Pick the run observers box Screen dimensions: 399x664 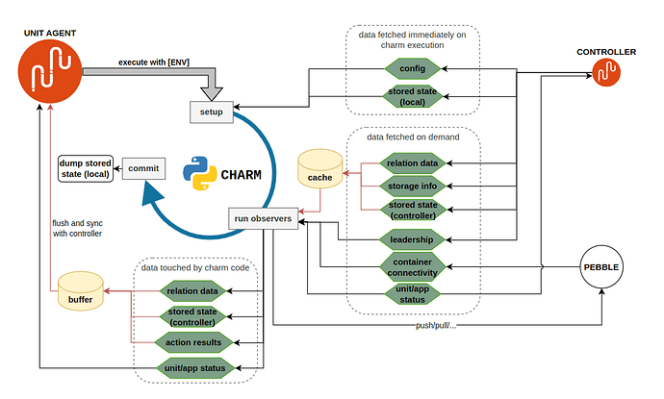click(262, 219)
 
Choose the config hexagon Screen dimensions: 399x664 click(413, 69)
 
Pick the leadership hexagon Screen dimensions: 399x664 click(413, 237)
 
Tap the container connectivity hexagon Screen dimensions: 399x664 click(413, 264)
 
